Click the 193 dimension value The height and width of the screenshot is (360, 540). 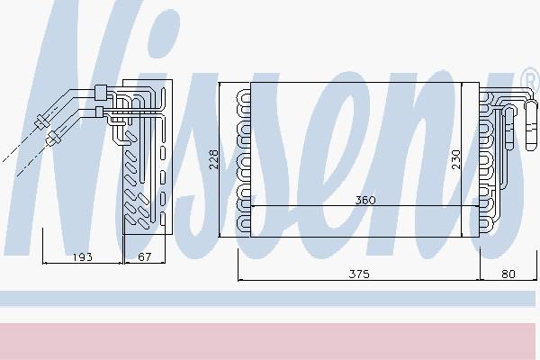click(x=82, y=257)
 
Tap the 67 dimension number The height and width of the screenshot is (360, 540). click(x=144, y=257)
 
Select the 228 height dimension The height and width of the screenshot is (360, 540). click(x=214, y=158)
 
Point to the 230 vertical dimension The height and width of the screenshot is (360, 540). click(x=455, y=159)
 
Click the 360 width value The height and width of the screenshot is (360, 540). click(x=365, y=200)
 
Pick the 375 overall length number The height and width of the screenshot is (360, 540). click(x=359, y=274)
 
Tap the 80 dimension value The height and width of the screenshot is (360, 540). click(x=508, y=274)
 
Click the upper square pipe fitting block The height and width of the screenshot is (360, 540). click(x=100, y=93)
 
